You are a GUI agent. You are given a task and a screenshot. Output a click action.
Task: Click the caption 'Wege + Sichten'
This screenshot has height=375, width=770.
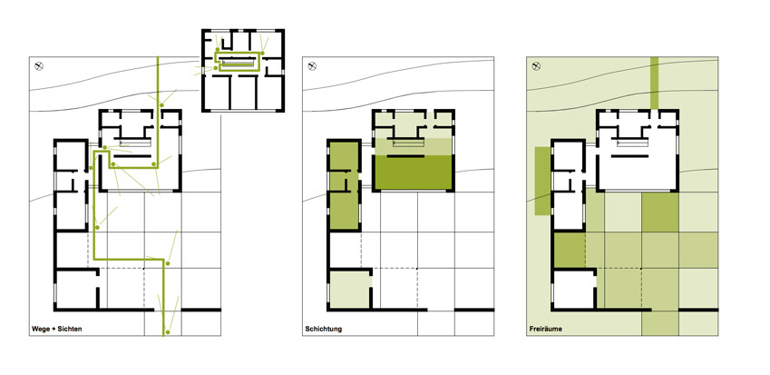coord(56,329)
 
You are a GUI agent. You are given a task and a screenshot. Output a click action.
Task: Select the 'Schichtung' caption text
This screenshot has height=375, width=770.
coord(323,329)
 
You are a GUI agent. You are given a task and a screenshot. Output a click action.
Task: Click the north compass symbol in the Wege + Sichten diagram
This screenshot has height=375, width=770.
coord(40,65)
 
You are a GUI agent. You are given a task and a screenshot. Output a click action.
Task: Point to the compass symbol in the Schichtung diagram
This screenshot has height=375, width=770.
coord(312,65)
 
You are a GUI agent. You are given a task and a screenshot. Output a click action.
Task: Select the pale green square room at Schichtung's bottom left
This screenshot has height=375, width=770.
coord(350,290)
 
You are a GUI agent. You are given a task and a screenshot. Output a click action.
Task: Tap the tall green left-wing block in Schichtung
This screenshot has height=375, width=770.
coord(344,186)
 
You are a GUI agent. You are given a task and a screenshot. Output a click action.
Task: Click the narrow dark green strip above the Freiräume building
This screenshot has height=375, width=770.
coord(654,83)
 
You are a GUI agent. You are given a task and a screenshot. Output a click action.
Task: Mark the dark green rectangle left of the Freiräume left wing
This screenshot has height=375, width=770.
coord(542,181)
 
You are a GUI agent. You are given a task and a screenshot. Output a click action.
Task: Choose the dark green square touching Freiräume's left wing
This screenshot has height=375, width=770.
coord(570,250)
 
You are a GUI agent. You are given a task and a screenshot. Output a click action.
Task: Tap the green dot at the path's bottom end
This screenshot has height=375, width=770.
coord(167,332)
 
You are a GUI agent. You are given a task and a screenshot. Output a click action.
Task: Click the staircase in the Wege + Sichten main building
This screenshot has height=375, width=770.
coord(134,143)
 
